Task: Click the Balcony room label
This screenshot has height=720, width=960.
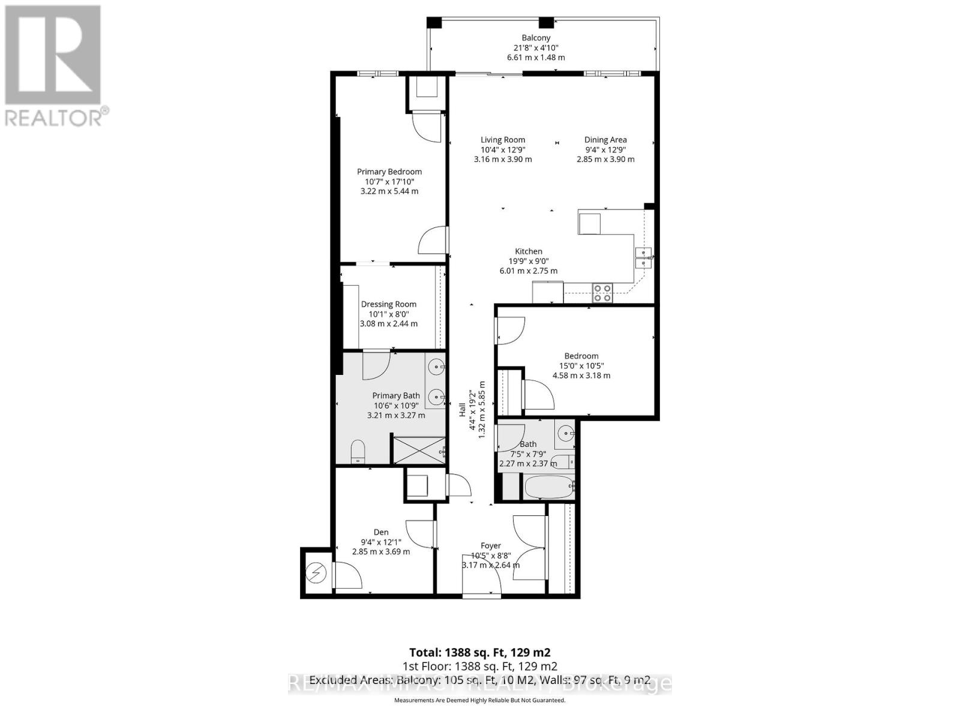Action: [x=536, y=38]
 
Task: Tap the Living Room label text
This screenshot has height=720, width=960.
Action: [x=503, y=140]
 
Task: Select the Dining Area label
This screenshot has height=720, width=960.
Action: [x=605, y=140]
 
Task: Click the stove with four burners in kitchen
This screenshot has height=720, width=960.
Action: [x=602, y=293]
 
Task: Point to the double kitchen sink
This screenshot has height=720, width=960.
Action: [x=644, y=257]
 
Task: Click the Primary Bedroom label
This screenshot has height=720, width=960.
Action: [x=389, y=172]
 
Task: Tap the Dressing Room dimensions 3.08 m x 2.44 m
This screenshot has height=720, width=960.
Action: [x=389, y=323]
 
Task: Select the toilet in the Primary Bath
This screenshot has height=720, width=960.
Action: [x=358, y=451]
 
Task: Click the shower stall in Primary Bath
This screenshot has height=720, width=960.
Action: [x=418, y=450]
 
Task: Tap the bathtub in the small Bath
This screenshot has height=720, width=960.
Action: [x=549, y=487]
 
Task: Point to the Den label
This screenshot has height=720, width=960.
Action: [x=381, y=532]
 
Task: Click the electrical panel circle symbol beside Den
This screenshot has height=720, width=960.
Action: [x=316, y=574]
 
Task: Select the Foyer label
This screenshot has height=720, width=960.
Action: [x=491, y=545]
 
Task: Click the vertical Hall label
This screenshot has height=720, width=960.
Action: [x=463, y=410]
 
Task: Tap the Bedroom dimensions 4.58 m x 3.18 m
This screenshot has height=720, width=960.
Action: [x=581, y=376]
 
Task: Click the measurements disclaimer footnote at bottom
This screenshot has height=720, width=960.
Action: [x=479, y=700]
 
